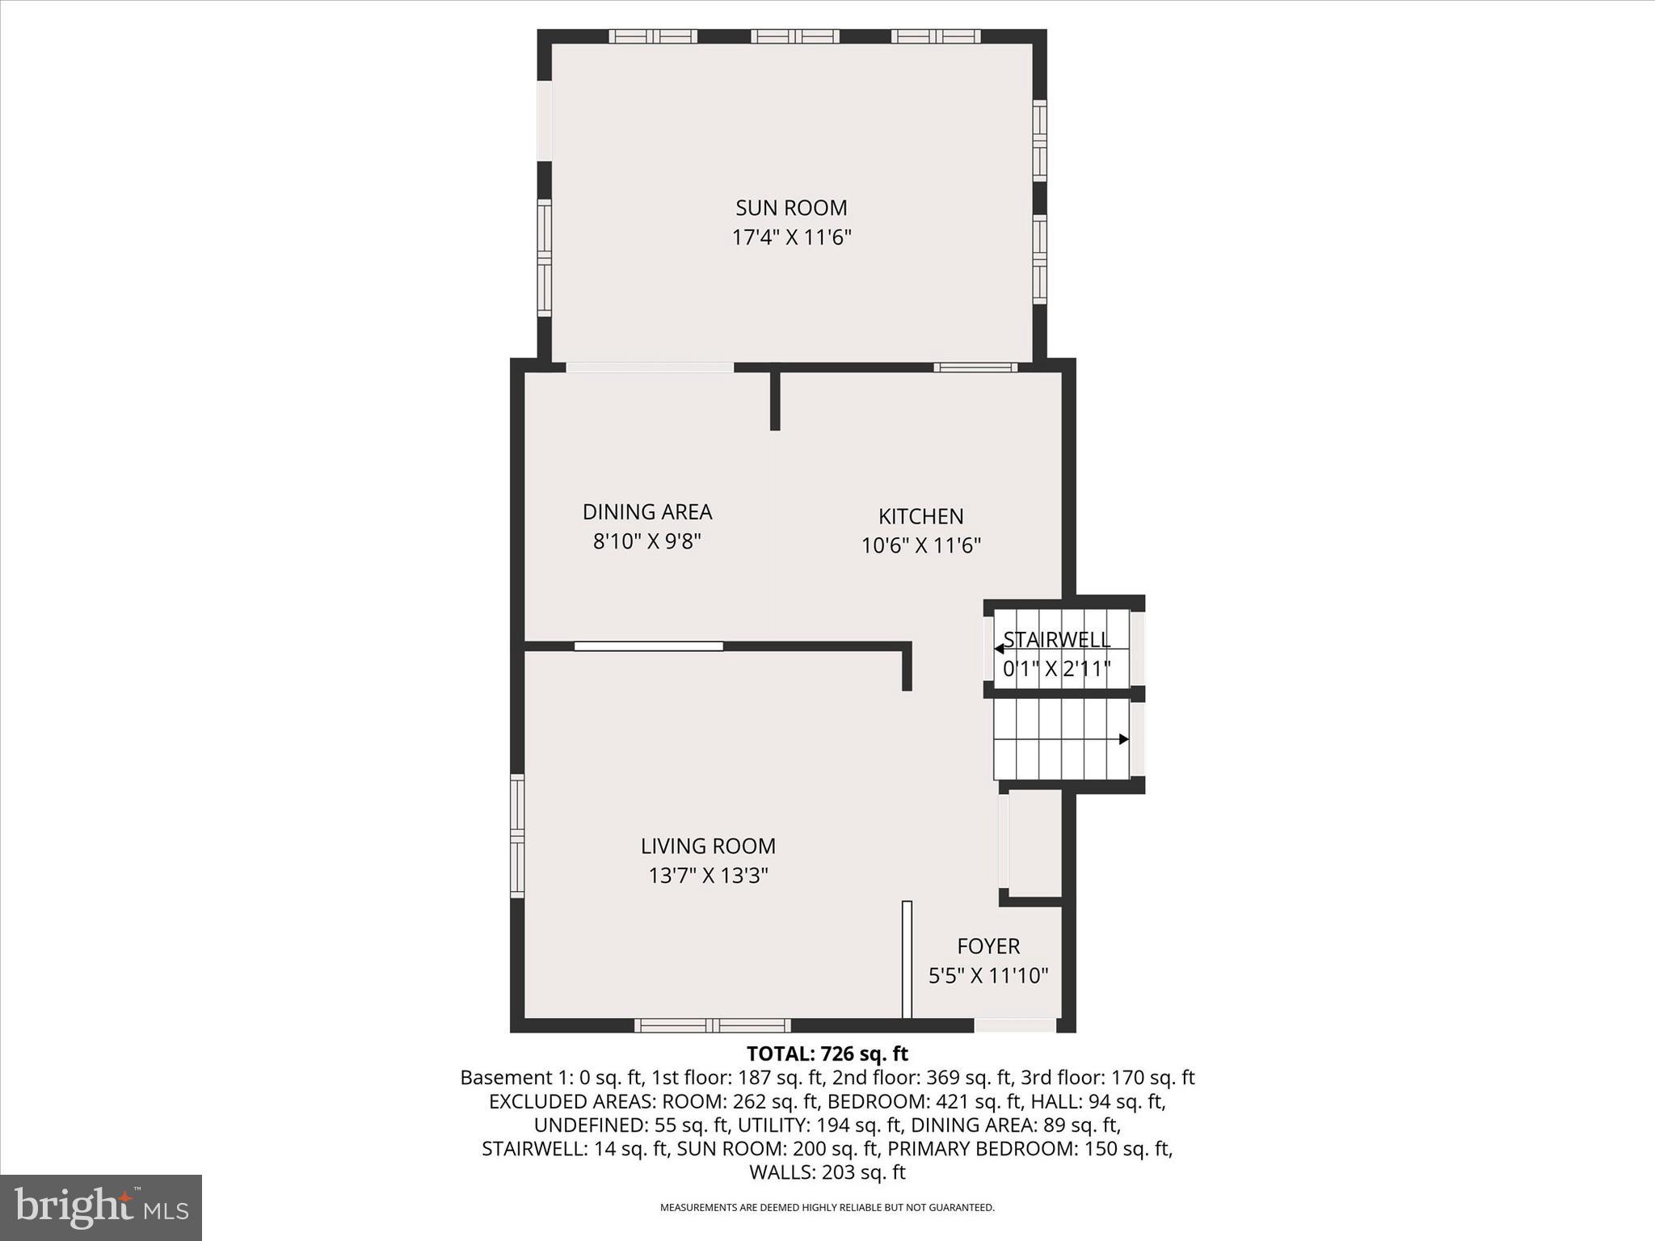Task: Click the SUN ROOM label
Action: pyautogui.click(x=791, y=208)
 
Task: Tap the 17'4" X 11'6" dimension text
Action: pyautogui.click(x=791, y=238)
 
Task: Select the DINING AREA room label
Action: pyautogui.click(x=647, y=512)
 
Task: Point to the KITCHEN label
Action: pyautogui.click(x=920, y=516)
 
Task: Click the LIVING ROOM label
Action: pyautogui.click(x=708, y=846)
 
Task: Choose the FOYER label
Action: pyautogui.click(x=988, y=946)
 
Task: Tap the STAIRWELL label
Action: pyautogui.click(x=1057, y=640)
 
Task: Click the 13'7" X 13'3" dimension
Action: pyautogui.click(x=708, y=876)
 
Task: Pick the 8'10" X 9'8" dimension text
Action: pyautogui.click(x=647, y=541)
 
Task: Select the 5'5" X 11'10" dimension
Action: pyautogui.click(x=988, y=976)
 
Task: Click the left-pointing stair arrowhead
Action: pyautogui.click(x=999, y=648)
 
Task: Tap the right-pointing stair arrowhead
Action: pyautogui.click(x=1123, y=739)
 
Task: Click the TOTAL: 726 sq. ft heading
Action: pyautogui.click(x=827, y=1054)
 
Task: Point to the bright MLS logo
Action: pyautogui.click(x=101, y=1207)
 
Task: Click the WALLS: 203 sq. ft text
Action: pyautogui.click(x=827, y=1172)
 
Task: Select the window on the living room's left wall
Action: pyautogui.click(x=517, y=835)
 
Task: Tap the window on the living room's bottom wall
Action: pyautogui.click(x=712, y=1025)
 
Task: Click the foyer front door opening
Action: pyautogui.click(x=1015, y=1025)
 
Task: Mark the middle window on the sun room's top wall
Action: pyautogui.click(x=794, y=36)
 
